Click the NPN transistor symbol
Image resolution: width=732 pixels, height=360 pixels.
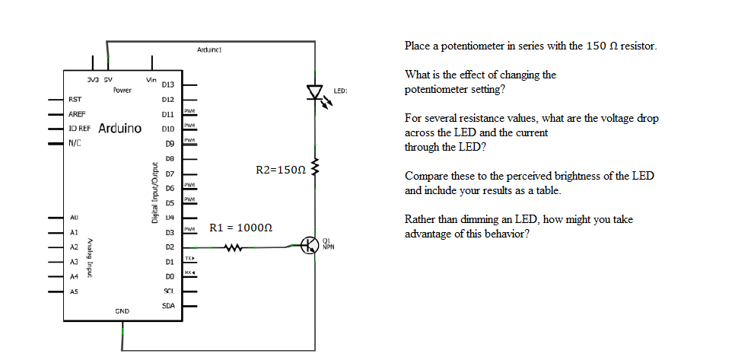click(310, 245)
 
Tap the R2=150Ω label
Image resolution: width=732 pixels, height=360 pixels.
click(281, 168)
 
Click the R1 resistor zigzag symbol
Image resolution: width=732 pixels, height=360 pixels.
click(234, 247)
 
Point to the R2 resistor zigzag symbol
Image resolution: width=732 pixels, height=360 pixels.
click(316, 167)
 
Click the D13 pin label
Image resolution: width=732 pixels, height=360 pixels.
click(169, 84)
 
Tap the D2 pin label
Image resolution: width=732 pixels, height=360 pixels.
click(170, 247)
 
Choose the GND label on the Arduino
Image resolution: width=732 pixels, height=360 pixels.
click(122, 311)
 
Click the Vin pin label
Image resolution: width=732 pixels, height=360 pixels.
click(151, 78)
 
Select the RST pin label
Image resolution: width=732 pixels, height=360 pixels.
click(75, 99)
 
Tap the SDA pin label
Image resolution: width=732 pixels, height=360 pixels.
click(169, 305)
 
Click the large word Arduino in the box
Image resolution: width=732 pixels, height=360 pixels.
click(119, 128)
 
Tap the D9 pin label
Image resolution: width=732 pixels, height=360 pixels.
click(170, 143)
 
